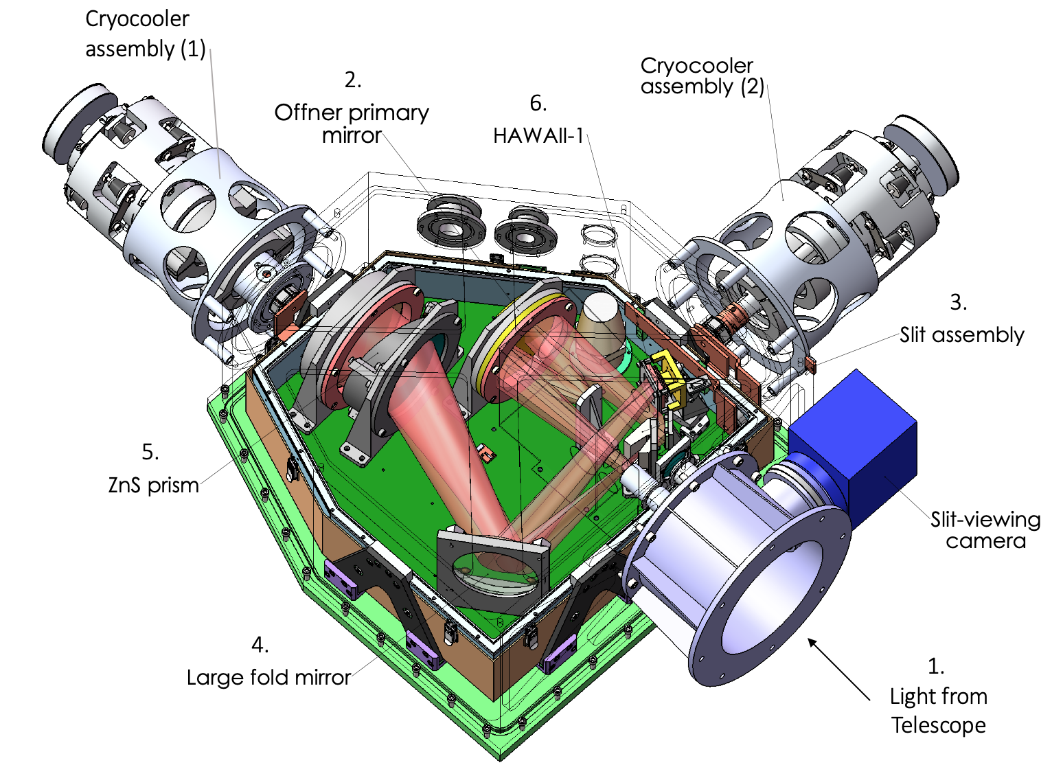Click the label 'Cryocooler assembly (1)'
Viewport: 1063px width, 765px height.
145,34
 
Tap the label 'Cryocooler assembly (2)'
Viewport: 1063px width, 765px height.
702,76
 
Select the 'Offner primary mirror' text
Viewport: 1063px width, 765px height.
352,124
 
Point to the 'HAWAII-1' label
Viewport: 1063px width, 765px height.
538,136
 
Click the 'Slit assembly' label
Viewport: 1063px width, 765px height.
962,334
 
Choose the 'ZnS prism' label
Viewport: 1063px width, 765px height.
153,485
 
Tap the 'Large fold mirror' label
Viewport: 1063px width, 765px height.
268,677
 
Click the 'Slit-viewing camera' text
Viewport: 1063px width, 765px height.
985,530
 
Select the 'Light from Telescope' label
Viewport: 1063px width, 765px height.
938,711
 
